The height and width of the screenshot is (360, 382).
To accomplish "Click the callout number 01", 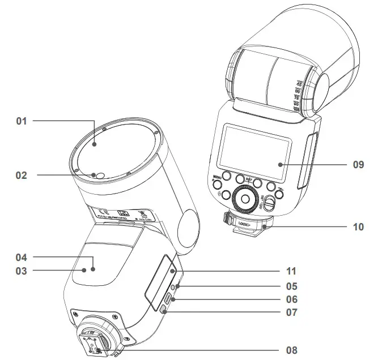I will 22,121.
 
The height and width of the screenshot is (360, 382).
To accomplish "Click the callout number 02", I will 22,175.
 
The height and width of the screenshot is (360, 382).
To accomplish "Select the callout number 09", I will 358,165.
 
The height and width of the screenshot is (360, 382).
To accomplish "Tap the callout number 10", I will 358,227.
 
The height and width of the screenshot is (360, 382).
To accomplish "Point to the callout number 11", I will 291,272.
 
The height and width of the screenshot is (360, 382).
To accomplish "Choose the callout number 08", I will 291,350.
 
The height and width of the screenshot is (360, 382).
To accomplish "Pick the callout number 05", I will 291,286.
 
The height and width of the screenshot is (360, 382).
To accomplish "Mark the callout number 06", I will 291,299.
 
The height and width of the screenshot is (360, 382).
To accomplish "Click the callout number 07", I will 291,312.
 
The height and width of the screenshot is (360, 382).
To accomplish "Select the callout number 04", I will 22,258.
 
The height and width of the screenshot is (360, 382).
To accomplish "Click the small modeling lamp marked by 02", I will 100,175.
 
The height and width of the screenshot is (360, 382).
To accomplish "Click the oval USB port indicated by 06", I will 168,298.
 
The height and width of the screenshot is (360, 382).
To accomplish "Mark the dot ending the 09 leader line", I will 280,165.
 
